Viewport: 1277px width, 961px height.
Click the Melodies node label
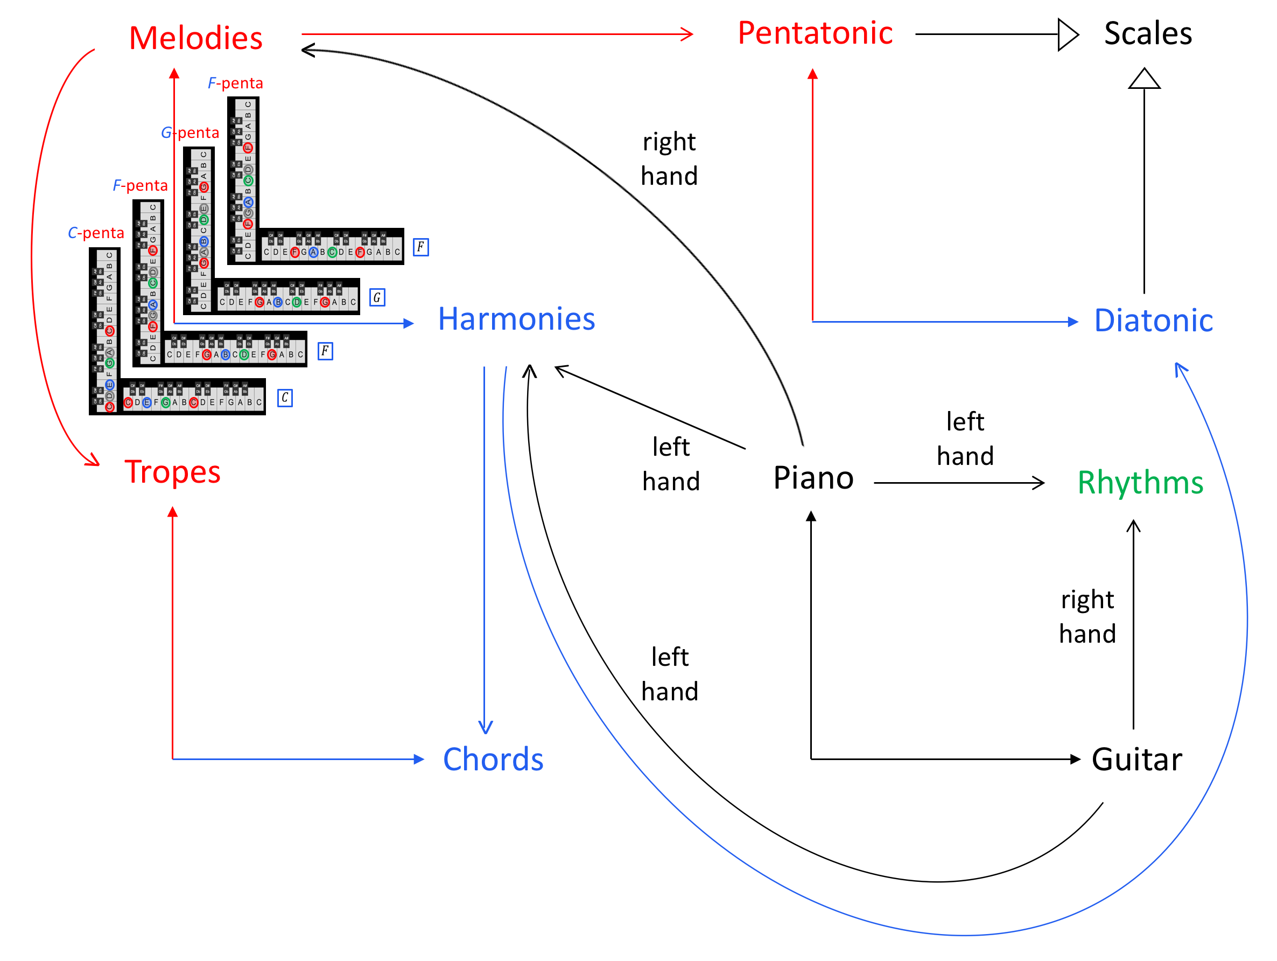tap(196, 38)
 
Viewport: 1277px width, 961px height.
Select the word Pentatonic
tap(815, 33)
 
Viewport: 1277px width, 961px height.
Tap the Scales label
tap(1148, 33)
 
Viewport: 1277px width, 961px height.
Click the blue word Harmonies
tap(516, 319)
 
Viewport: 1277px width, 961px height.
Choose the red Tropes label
tap(172, 472)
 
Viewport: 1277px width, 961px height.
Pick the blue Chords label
tap(493, 759)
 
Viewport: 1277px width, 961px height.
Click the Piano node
tap(813, 478)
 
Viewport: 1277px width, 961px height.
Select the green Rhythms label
tap(1140, 482)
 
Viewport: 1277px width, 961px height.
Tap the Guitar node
tap(1136, 759)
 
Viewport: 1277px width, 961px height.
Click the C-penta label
tap(96, 233)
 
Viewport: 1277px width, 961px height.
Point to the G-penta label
tap(190, 133)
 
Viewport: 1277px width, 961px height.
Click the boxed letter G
tap(377, 297)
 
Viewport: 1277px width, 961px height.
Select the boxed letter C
tap(285, 398)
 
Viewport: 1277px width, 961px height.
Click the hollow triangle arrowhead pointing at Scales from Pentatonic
tap(1068, 34)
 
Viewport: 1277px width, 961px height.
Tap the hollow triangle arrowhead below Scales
tap(1144, 80)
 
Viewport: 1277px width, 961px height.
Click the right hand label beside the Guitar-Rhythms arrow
tap(1087, 617)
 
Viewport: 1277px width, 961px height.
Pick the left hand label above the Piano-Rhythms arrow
tap(965, 439)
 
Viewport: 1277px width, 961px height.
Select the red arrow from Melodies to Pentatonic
tap(496, 34)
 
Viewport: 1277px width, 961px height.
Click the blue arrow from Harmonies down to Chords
tap(485, 549)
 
